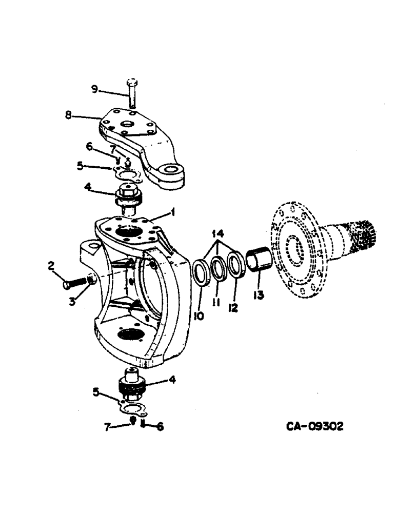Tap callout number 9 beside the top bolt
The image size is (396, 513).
point(94,90)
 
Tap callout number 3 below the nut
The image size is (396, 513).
point(74,302)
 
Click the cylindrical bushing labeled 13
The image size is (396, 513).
point(256,259)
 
